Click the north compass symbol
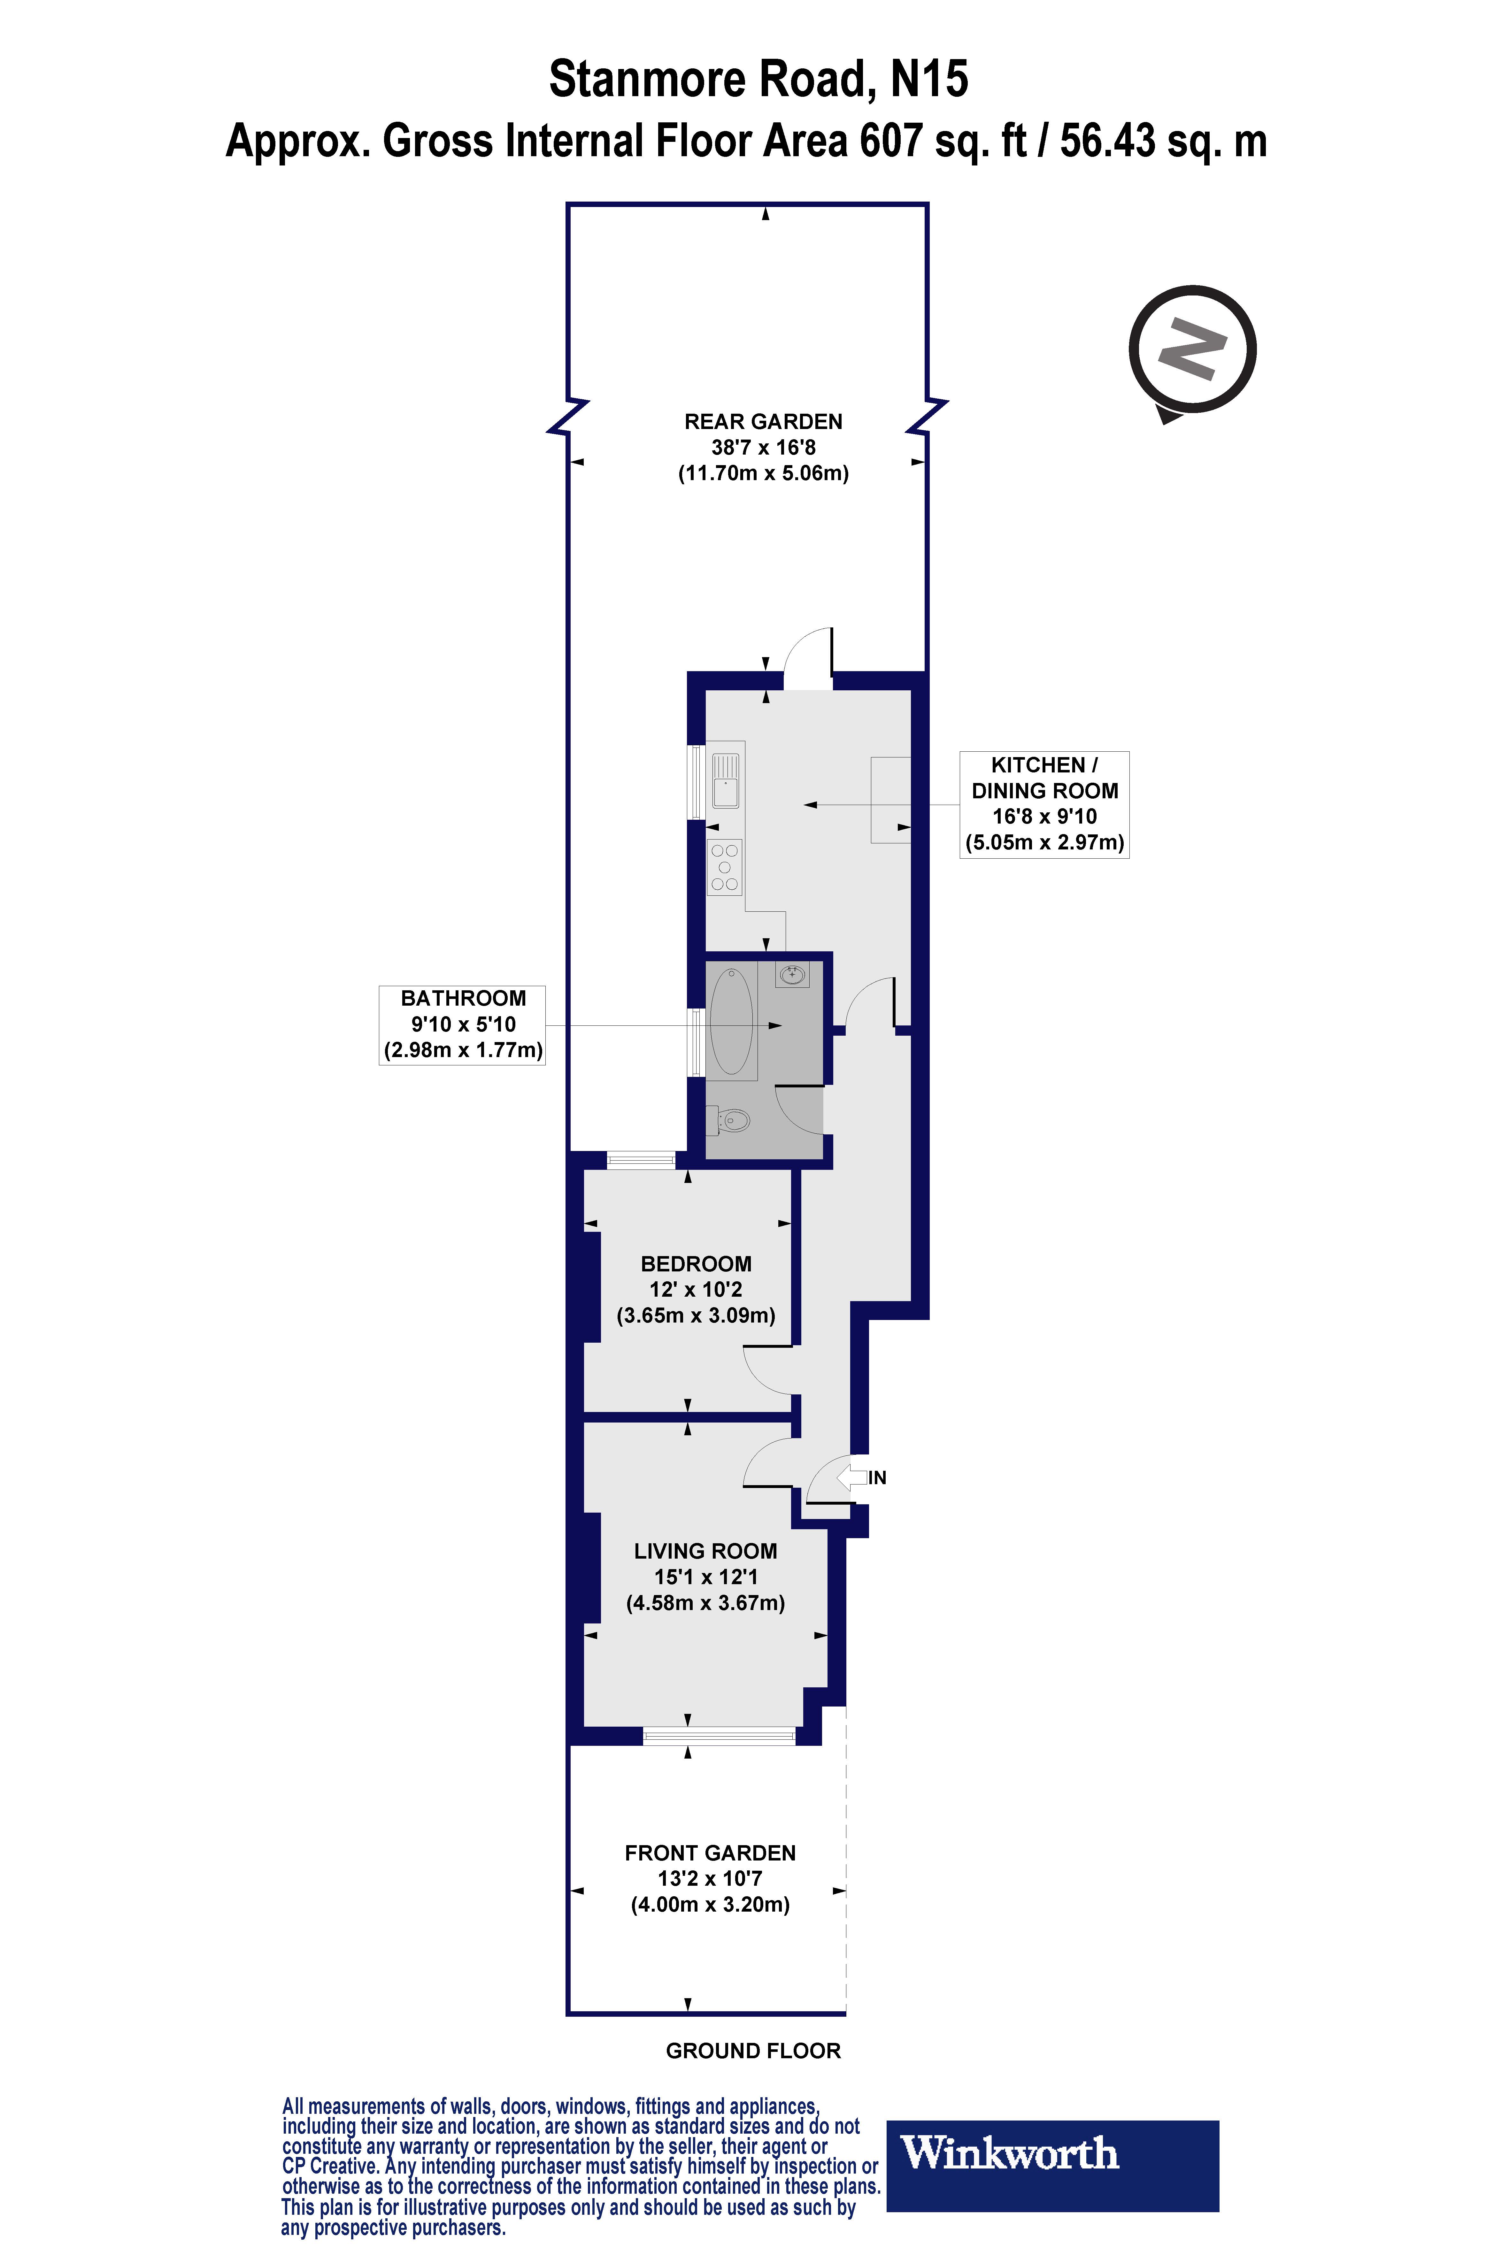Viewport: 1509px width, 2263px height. coord(1192,349)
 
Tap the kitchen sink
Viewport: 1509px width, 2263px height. coord(725,780)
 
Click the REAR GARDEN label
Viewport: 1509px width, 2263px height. coord(763,421)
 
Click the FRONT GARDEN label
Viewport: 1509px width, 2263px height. coord(710,1853)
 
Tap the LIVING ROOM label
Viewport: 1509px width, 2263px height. coord(705,1551)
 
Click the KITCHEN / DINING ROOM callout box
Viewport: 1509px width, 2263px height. coord(1044,804)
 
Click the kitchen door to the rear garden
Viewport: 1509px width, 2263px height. coord(807,659)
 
